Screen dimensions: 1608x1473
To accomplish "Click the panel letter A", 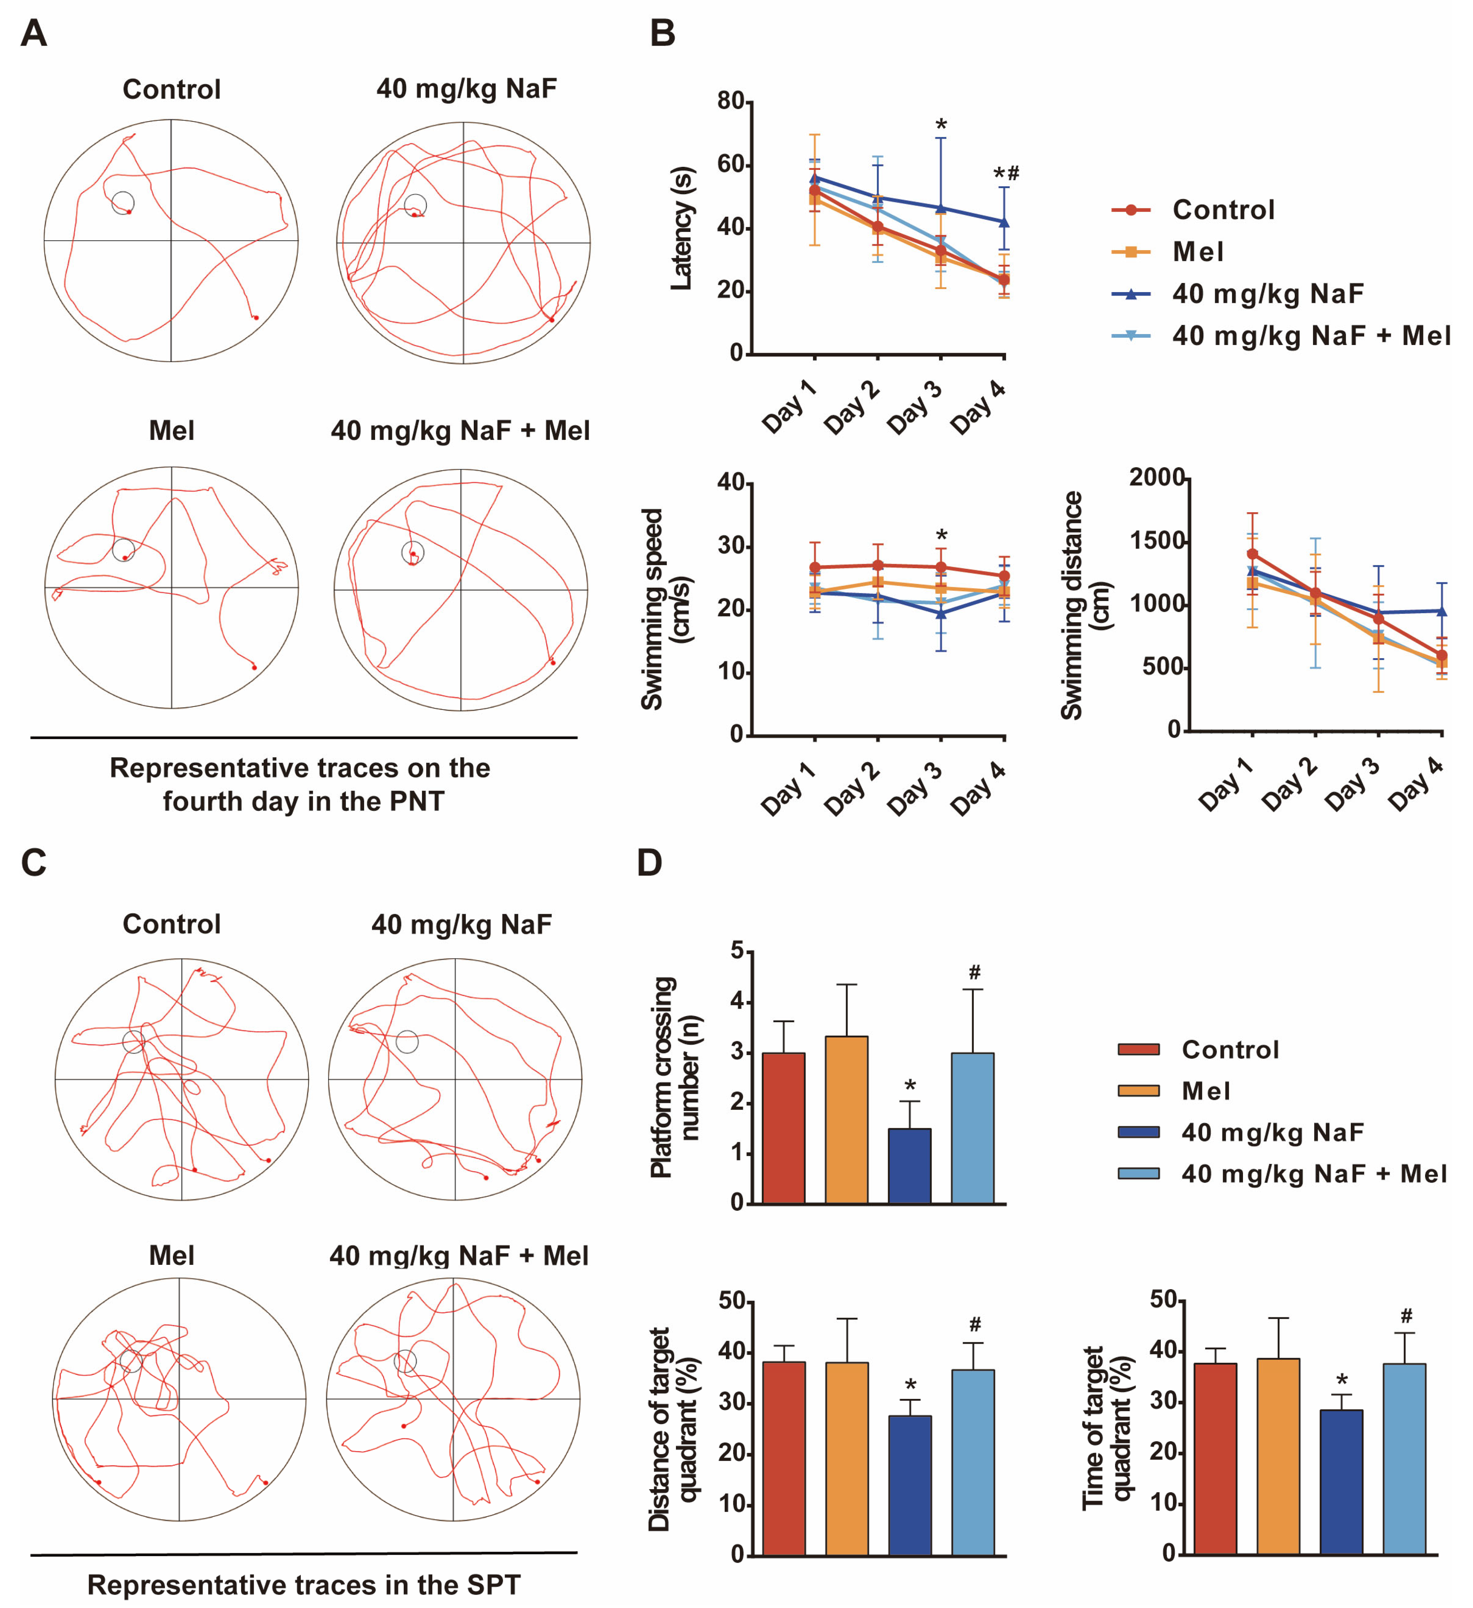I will [34, 34].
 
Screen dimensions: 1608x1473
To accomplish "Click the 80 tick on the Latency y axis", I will [730, 101].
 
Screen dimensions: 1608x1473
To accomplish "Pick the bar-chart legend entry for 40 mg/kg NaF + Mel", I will [1313, 1173].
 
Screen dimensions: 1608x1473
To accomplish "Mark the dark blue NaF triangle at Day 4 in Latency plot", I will [1004, 222].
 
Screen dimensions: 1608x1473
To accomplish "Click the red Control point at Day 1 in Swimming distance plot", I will [1252, 553].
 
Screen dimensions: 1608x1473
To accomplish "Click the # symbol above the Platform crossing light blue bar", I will [975, 972].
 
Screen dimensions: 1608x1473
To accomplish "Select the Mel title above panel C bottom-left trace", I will [171, 1255].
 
